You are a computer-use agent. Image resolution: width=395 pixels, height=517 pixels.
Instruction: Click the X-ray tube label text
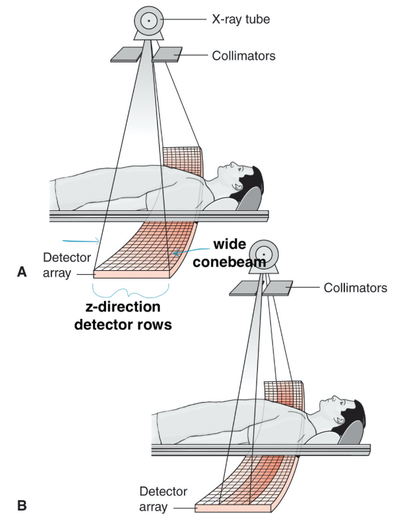[x=240, y=20]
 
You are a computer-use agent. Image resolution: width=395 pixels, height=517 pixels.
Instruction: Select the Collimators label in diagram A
[x=244, y=56]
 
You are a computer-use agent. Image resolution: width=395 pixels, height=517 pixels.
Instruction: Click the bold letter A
[x=21, y=273]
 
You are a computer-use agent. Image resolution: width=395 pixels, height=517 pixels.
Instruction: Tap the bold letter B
[x=21, y=503]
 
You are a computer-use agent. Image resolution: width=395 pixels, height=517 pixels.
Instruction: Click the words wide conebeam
[x=232, y=254]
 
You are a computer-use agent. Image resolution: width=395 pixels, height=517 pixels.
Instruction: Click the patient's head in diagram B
[x=342, y=410]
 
